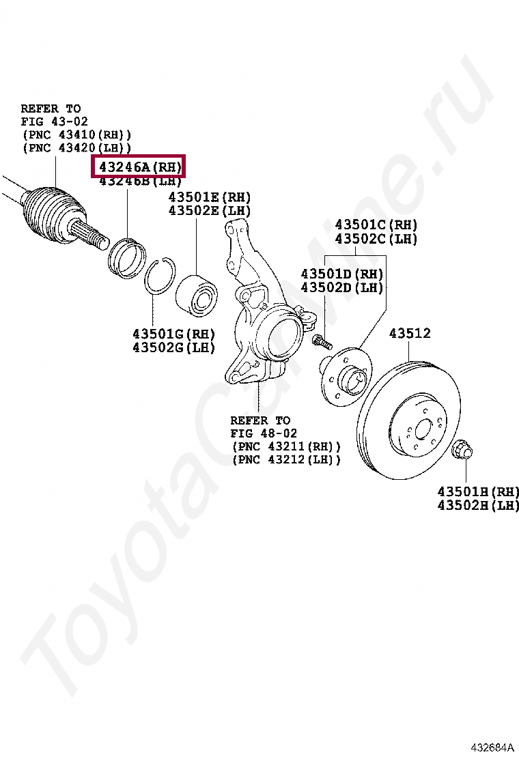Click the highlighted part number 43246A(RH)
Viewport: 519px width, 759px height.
140,167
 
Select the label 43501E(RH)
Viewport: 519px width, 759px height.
210,197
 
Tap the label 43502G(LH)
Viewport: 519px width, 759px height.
173,347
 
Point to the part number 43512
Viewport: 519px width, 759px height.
410,334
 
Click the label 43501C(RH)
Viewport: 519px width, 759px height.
376,225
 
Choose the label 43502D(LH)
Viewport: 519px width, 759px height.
342,288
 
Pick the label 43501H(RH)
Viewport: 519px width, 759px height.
478,491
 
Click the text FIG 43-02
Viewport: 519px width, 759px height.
54,121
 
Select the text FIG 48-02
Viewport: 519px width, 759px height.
264,433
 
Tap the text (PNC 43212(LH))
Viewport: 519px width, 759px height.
286,459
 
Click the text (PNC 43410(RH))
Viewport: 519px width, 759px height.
76,134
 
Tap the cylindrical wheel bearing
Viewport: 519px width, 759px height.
196,296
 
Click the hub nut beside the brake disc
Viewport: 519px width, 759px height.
463,449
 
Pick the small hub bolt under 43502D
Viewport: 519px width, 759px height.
321,341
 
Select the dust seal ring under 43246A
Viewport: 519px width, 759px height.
128,256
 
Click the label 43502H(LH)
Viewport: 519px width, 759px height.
478,505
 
